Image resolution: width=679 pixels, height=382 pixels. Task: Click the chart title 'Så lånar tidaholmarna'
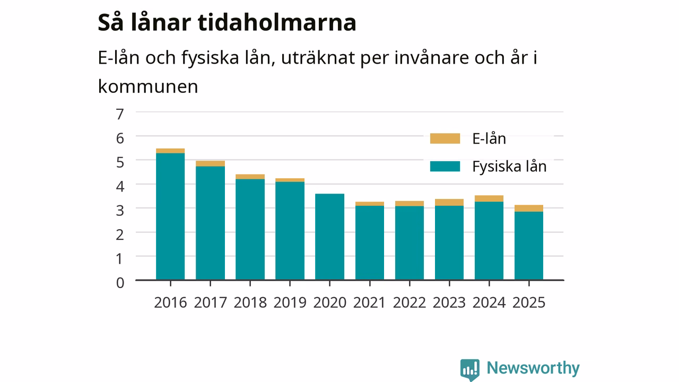coord(227,22)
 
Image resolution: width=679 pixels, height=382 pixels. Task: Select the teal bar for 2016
coord(170,216)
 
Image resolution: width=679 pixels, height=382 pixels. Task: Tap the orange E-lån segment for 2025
coord(529,209)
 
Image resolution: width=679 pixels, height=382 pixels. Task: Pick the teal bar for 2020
coord(329,237)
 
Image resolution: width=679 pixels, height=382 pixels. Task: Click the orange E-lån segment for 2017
coord(211,164)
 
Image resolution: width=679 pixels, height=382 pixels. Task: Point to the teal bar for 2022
coord(409,243)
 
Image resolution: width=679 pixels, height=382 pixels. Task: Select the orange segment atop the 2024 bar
coord(489,198)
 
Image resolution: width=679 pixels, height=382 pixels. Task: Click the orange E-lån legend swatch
coord(445,138)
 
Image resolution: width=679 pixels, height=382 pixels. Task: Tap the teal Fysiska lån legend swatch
coord(445,167)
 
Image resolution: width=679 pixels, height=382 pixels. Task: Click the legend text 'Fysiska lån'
coord(509,167)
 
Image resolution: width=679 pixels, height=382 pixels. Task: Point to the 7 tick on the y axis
coord(120,114)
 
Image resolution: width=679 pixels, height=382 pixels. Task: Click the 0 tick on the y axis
coord(120,283)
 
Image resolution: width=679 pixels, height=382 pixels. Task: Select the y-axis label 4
coord(120,186)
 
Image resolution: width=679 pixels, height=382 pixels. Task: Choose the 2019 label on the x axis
coord(290,302)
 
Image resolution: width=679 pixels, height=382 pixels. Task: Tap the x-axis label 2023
coord(449,302)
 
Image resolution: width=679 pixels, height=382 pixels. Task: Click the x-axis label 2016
coord(170,302)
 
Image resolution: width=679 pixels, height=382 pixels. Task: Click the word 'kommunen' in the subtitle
coord(148,86)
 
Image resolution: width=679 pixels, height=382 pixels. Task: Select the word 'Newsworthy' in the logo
coord(533,368)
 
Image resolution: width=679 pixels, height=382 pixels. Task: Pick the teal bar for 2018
coord(250,230)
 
